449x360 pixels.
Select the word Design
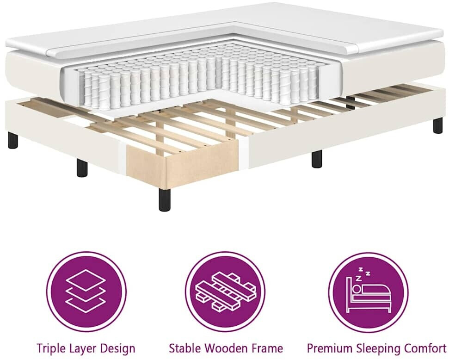click(x=118, y=349)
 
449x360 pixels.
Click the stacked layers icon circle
click(x=86, y=292)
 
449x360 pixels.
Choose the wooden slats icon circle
click(x=226, y=292)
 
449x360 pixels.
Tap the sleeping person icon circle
click(x=368, y=292)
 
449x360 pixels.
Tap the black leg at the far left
click(x=13, y=141)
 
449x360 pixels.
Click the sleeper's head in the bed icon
click(x=357, y=288)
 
